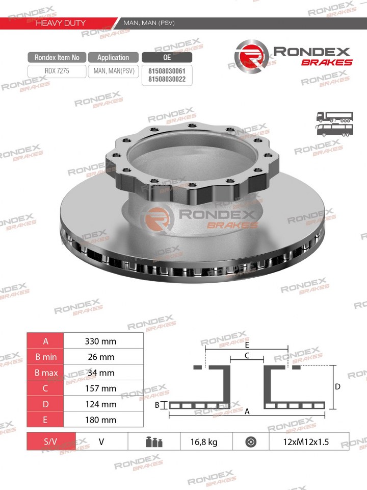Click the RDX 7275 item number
click(57, 71)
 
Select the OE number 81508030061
click(167, 71)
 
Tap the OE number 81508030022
click(167, 79)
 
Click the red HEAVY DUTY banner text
click(61, 23)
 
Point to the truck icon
click(334, 117)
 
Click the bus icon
click(334, 130)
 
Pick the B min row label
click(46, 357)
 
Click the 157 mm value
click(100, 388)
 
